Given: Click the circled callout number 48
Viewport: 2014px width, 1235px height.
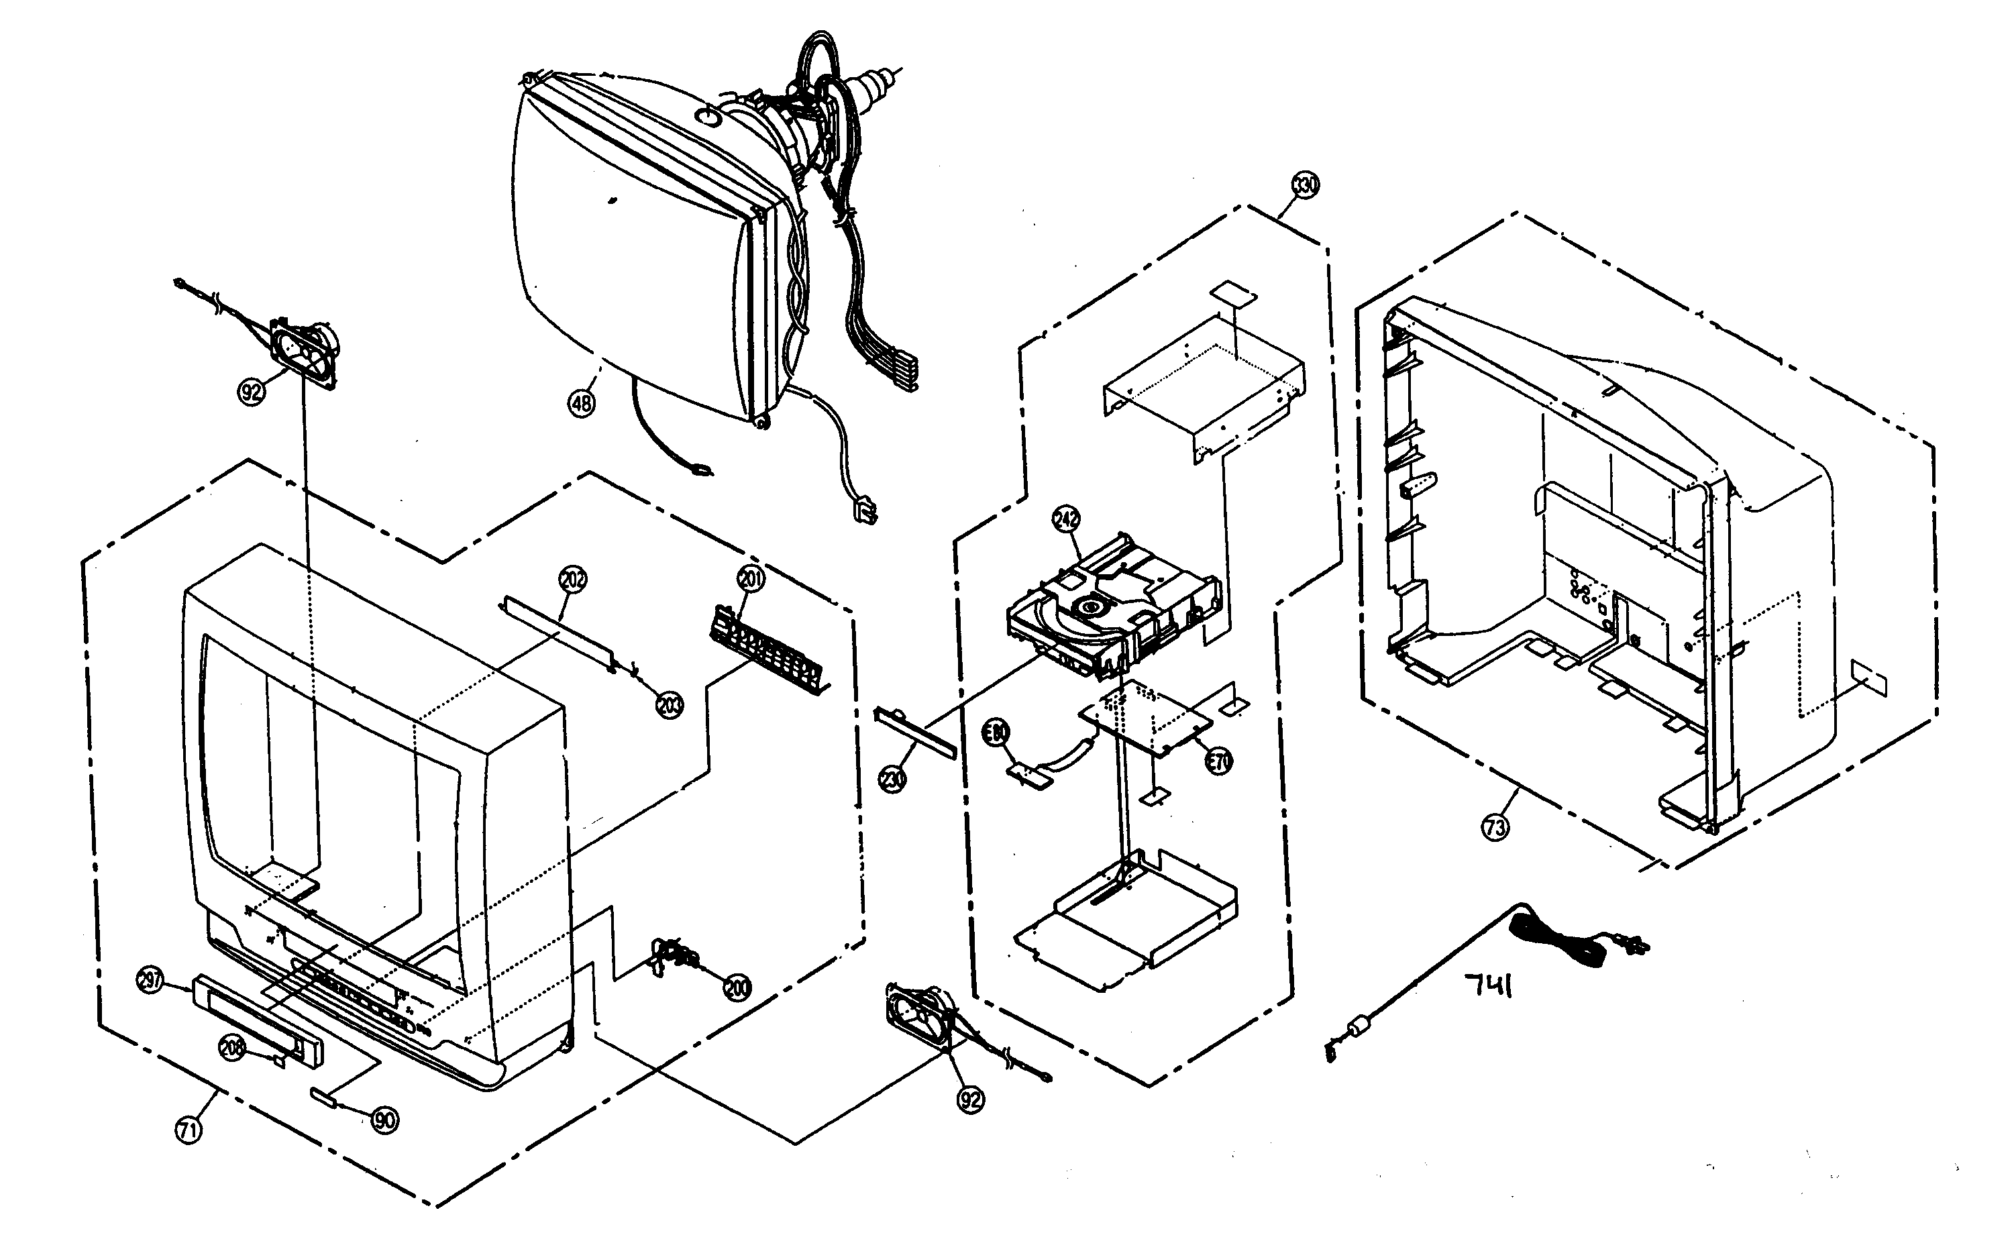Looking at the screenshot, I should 581,404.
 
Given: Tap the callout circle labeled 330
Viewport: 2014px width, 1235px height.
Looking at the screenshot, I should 1304,186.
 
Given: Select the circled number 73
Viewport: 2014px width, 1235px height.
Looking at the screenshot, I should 1495,828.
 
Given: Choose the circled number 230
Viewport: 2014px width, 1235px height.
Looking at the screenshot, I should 894,779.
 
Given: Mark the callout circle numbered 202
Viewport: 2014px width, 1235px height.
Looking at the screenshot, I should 573,580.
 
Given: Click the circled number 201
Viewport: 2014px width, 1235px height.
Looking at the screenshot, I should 750,580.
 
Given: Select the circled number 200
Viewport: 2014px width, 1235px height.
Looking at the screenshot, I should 737,987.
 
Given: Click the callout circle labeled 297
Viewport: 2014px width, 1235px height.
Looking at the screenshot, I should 151,981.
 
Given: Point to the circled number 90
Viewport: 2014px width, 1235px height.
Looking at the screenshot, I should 385,1119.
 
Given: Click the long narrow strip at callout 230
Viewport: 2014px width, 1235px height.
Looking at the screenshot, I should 914,731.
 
